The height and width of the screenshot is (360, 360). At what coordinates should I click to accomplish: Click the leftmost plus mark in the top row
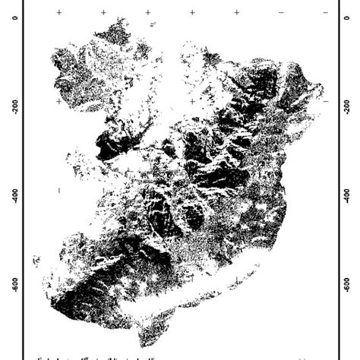(x=58, y=13)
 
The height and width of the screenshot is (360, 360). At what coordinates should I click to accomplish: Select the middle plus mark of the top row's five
(x=147, y=13)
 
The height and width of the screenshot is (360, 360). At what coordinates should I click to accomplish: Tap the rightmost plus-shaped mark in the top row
(x=237, y=13)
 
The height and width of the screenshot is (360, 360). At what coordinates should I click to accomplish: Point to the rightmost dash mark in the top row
(x=325, y=13)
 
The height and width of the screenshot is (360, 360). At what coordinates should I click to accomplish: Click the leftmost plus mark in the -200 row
(x=58, y=101)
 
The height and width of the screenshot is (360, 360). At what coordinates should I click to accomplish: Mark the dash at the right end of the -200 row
(x=325, y=101)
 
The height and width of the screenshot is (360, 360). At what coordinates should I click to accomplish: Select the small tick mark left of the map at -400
(x=58, y=190)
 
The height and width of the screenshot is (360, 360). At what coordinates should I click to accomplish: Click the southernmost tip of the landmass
(x=144, y=345)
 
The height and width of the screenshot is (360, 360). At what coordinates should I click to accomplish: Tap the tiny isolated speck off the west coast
(x=35, y=261)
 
